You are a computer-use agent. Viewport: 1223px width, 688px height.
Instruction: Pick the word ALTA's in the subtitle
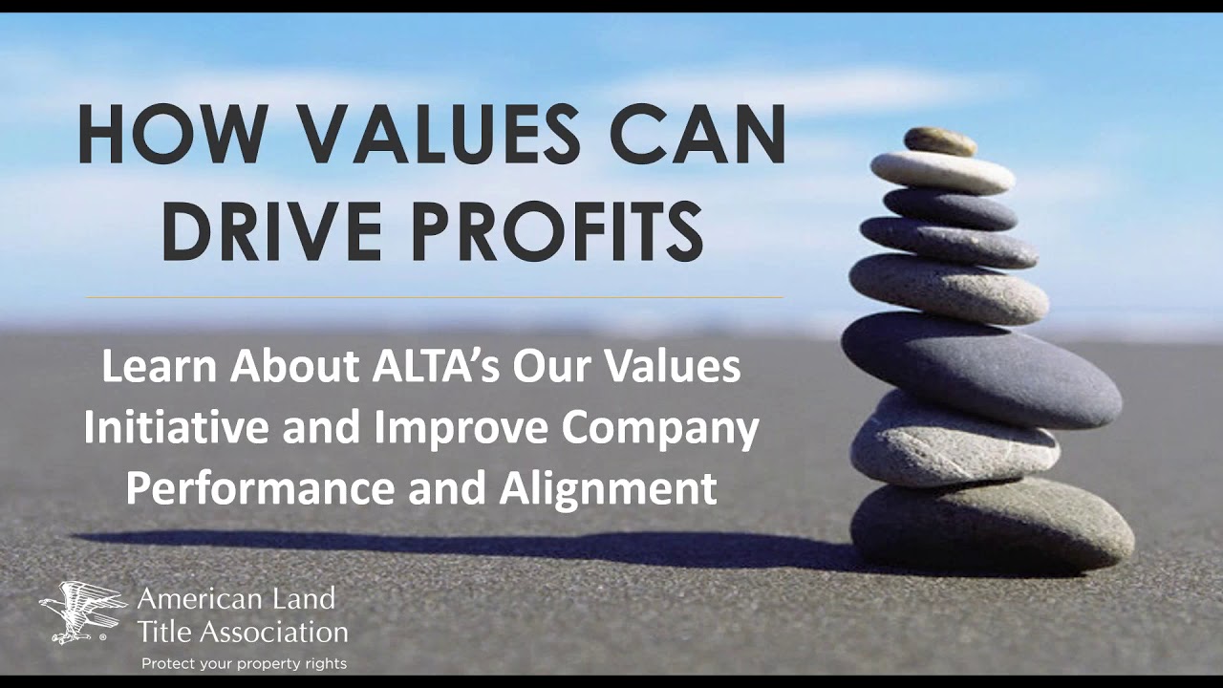point(431,368)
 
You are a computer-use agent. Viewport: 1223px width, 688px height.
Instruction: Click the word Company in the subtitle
point(659,429)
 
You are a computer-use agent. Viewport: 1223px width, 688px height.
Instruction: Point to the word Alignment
point(608,488)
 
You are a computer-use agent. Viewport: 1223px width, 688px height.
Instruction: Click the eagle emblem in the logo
point(82,612)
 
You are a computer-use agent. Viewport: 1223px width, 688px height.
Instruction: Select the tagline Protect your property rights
point(244,663)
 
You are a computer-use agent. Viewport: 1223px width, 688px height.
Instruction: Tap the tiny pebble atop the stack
point(940,141)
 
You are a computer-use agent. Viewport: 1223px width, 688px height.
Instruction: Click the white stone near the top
point(942,173)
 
